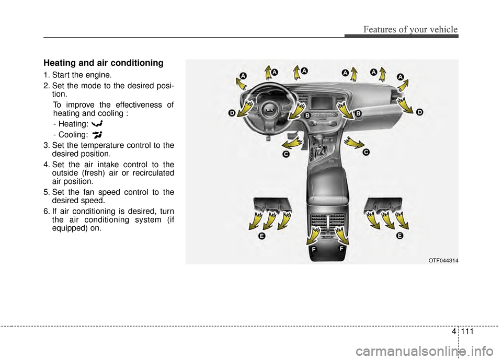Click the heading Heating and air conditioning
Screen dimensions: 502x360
point(104,63)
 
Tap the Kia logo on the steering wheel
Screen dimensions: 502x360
point(270,110)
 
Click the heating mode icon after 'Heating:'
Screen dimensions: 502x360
point(97,123)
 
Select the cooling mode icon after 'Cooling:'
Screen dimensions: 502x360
point(97,135)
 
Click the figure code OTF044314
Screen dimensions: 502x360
point(443,261)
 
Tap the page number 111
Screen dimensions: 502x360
point(467,331)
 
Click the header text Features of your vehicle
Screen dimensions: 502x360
point(410,29)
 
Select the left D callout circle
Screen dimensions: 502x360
point(232,113)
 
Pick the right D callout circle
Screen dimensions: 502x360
point(419,112)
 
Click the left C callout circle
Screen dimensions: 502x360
point(286,154)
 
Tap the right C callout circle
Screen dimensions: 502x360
point(366,152)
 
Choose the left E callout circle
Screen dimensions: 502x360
point(262,236)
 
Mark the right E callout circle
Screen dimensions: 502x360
point(400,236)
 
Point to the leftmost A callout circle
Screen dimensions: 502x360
point(243,76)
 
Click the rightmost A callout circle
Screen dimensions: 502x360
point(401,76)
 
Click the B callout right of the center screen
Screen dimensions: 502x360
point(358,113)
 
